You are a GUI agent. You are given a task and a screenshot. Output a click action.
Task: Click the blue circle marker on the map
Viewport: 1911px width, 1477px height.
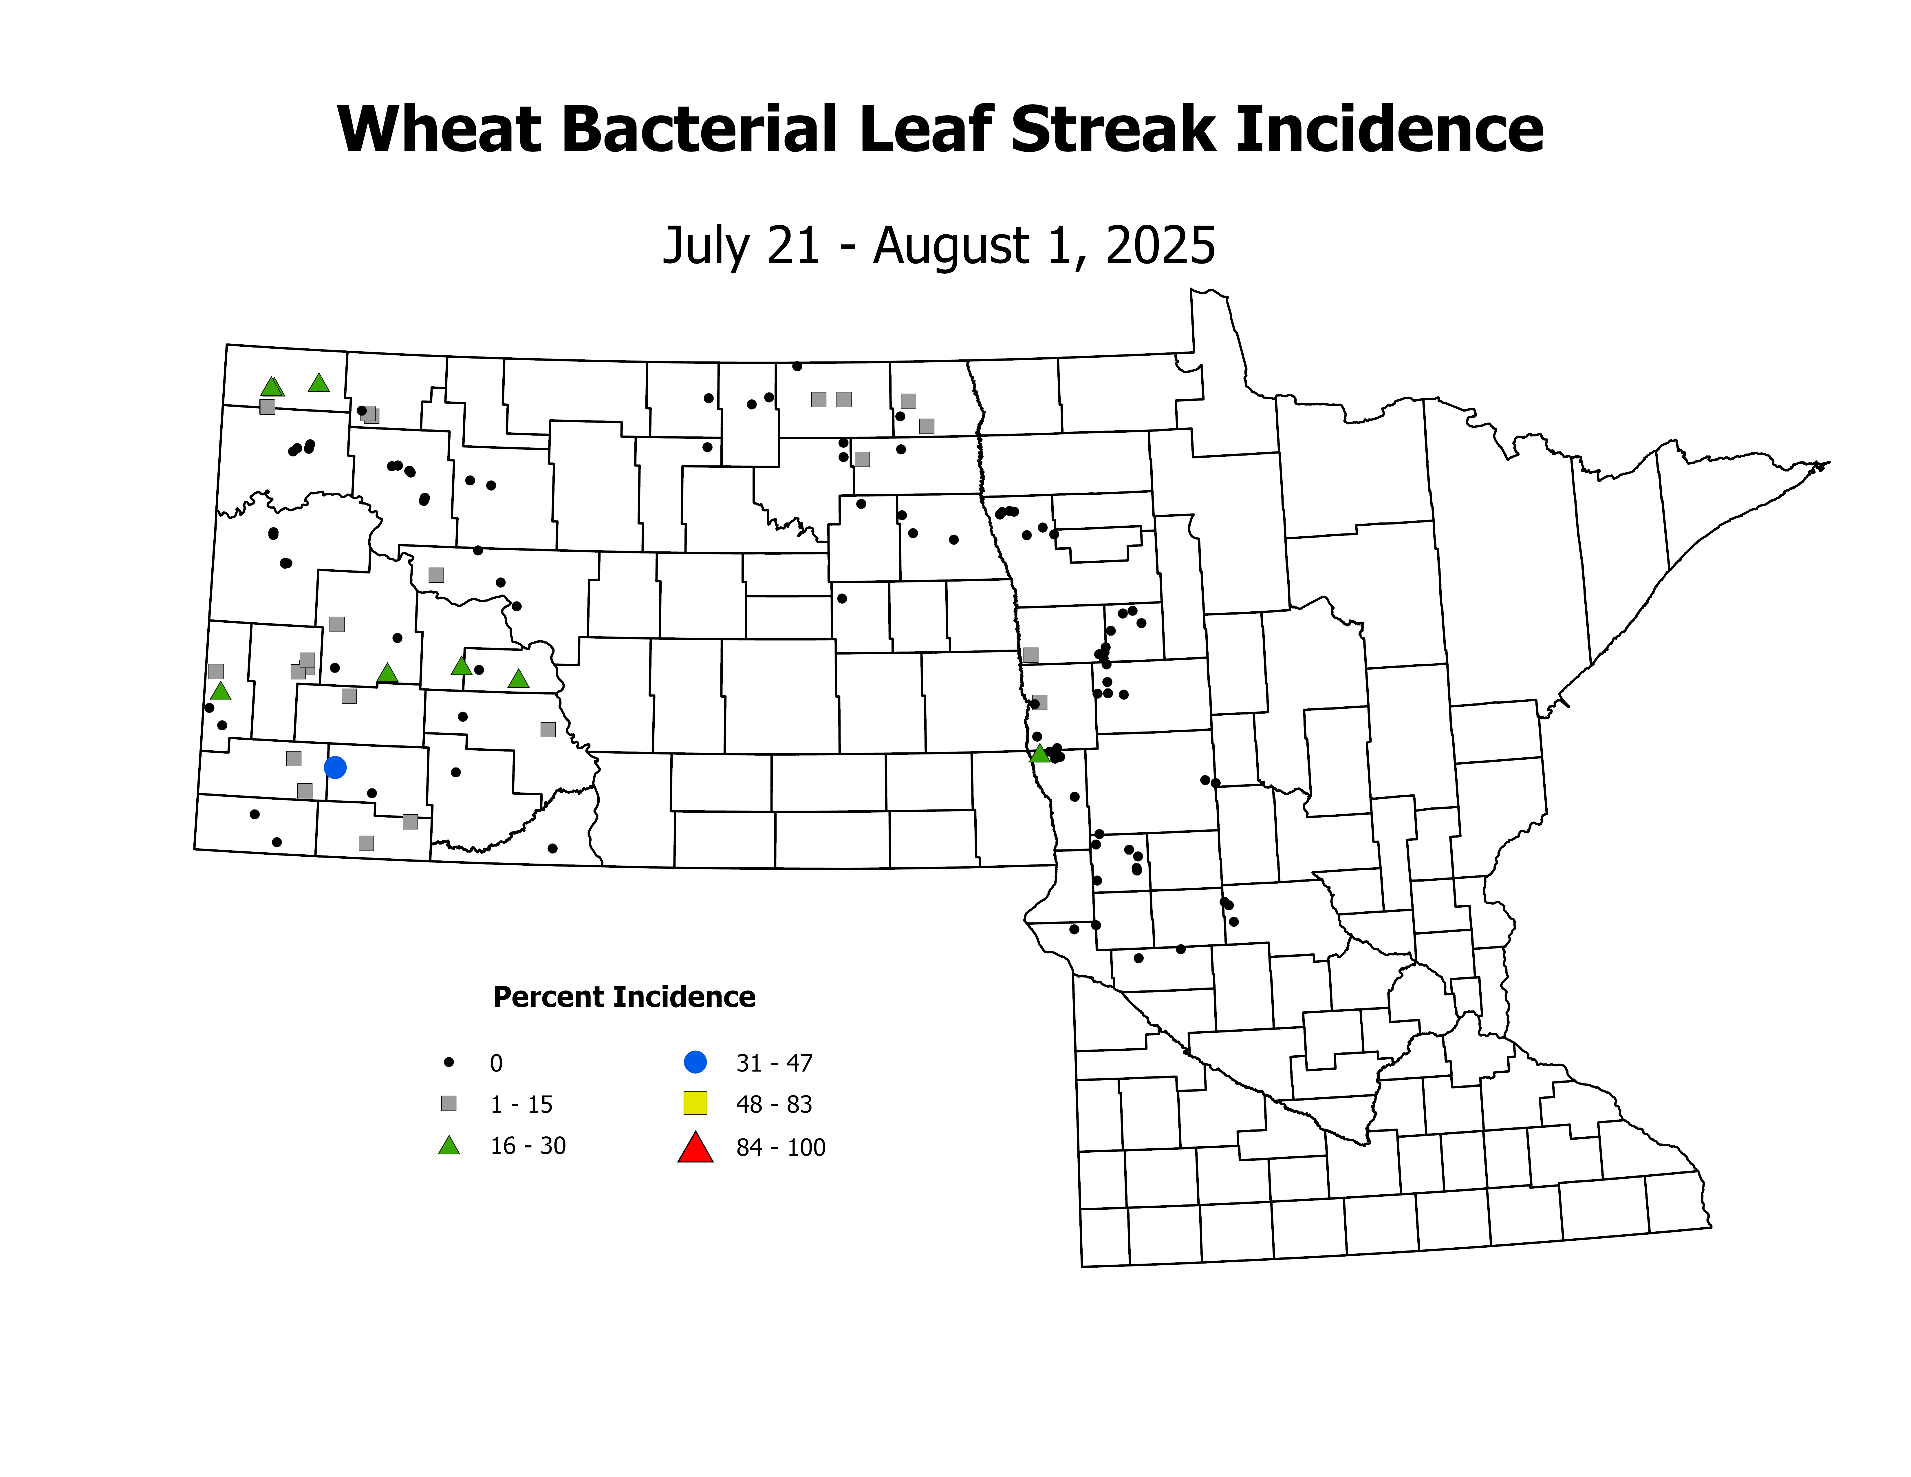[335, 767]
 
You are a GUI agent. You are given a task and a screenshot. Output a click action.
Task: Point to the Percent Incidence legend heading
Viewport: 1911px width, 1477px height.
[624, 997]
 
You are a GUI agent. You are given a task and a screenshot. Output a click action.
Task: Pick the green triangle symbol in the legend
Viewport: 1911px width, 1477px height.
[449, 1145]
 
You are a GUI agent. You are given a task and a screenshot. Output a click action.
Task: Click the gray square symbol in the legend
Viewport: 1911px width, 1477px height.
[449, 1103]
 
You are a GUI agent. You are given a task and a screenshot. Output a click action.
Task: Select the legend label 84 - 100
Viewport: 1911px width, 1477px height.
[781, 1147]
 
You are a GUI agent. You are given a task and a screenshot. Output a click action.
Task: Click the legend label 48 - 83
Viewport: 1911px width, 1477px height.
[774, 1104]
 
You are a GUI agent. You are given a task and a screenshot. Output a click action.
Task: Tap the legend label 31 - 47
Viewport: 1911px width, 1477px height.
[774, 1063]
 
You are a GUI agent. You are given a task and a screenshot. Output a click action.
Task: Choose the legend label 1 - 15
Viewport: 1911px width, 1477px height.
[521, 1104]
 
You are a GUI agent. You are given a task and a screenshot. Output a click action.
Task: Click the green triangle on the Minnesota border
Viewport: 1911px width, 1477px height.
[1039, 753]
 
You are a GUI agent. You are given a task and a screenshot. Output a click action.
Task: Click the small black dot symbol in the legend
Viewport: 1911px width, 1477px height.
[449, 1062]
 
